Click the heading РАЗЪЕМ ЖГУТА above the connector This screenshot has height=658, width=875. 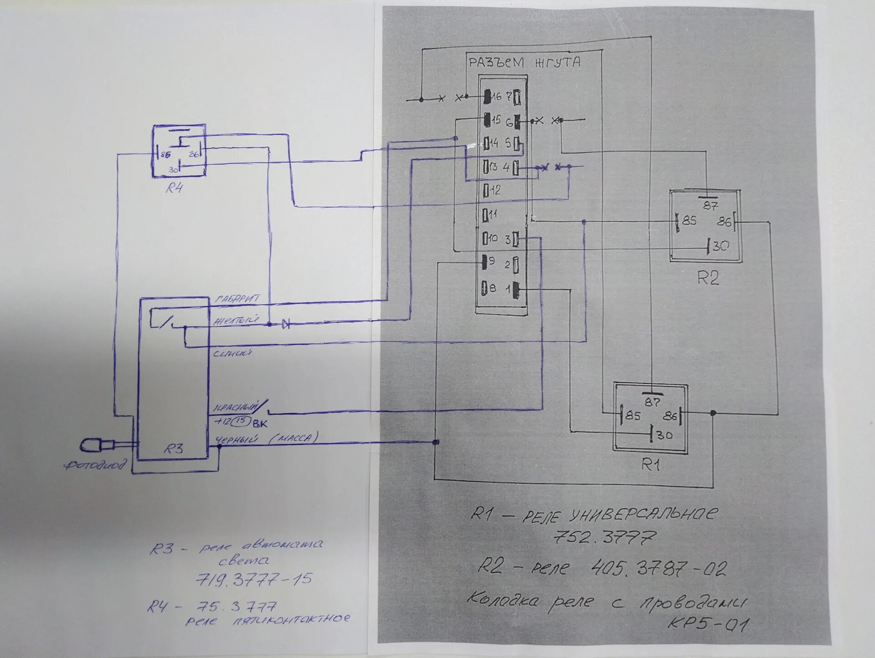point(525,62)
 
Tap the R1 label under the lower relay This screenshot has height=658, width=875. point(650,465)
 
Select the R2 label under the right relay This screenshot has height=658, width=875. point(708,278)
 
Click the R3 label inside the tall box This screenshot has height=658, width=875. point(173,449)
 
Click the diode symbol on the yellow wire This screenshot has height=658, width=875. point(286,324)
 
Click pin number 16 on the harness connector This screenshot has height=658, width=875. point(495,97)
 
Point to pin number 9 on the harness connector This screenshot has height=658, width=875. point(491,262)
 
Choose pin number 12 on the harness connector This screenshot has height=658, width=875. point(494,190)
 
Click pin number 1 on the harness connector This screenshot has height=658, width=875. point(508,289)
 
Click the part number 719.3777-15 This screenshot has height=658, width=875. point(254,580)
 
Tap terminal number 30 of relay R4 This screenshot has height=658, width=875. point(173,170)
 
